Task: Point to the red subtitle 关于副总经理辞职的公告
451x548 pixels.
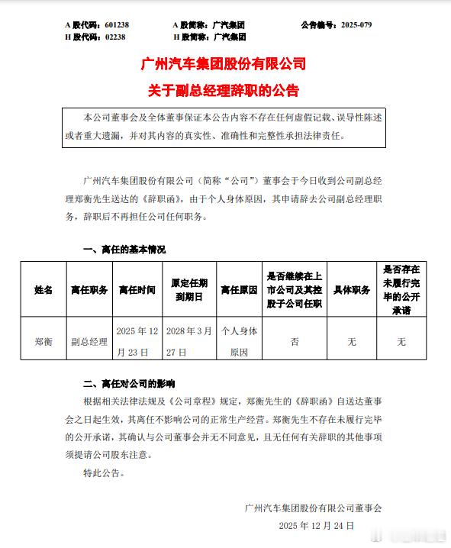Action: (x=225, y=91)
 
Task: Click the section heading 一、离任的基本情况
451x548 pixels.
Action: (x=124, y=250)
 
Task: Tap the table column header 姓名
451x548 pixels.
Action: (x=43, y=290)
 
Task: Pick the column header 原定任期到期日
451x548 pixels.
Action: (x=189, y=290)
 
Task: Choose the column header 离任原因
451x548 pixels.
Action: (x=240, y=290)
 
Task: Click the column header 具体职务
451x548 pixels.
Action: (x=352, y=290)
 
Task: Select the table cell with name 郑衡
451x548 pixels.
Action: (x=43, y=342)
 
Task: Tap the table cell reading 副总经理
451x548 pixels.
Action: (x=89, y=342)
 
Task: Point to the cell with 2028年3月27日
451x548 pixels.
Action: (x=189, y=342)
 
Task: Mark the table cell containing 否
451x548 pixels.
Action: (x=295, y=342)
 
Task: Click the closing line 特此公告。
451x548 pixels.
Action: (x=101, y=472)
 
